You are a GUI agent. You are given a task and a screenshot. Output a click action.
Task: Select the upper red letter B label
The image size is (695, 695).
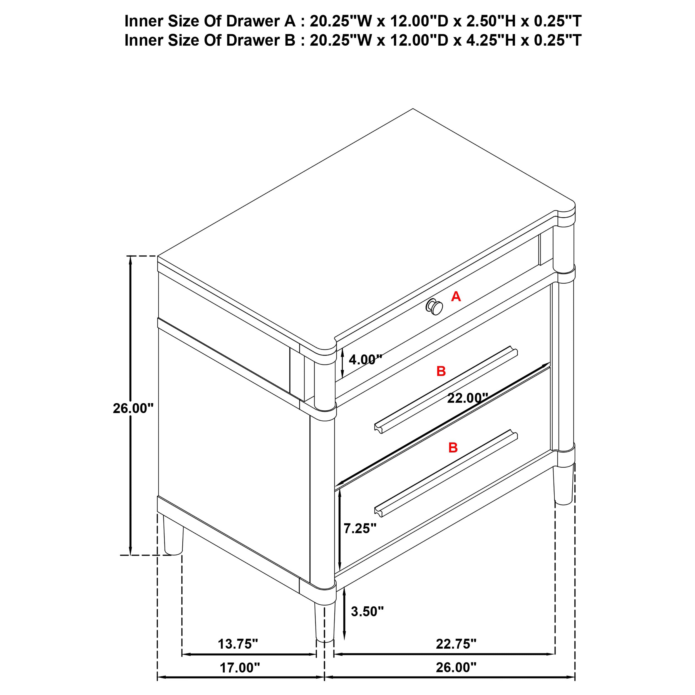click(441, 371)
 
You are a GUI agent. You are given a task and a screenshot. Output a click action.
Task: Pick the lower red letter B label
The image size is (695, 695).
click(453, 448)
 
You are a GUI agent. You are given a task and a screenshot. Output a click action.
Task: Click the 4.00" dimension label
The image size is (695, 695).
click(365, 359)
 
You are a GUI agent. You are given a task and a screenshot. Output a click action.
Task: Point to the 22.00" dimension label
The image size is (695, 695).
click(467, 398)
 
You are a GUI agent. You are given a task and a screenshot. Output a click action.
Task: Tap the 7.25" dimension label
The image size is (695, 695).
click(360, 528)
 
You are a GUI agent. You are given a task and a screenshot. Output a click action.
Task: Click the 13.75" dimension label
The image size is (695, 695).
click(238, 644)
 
